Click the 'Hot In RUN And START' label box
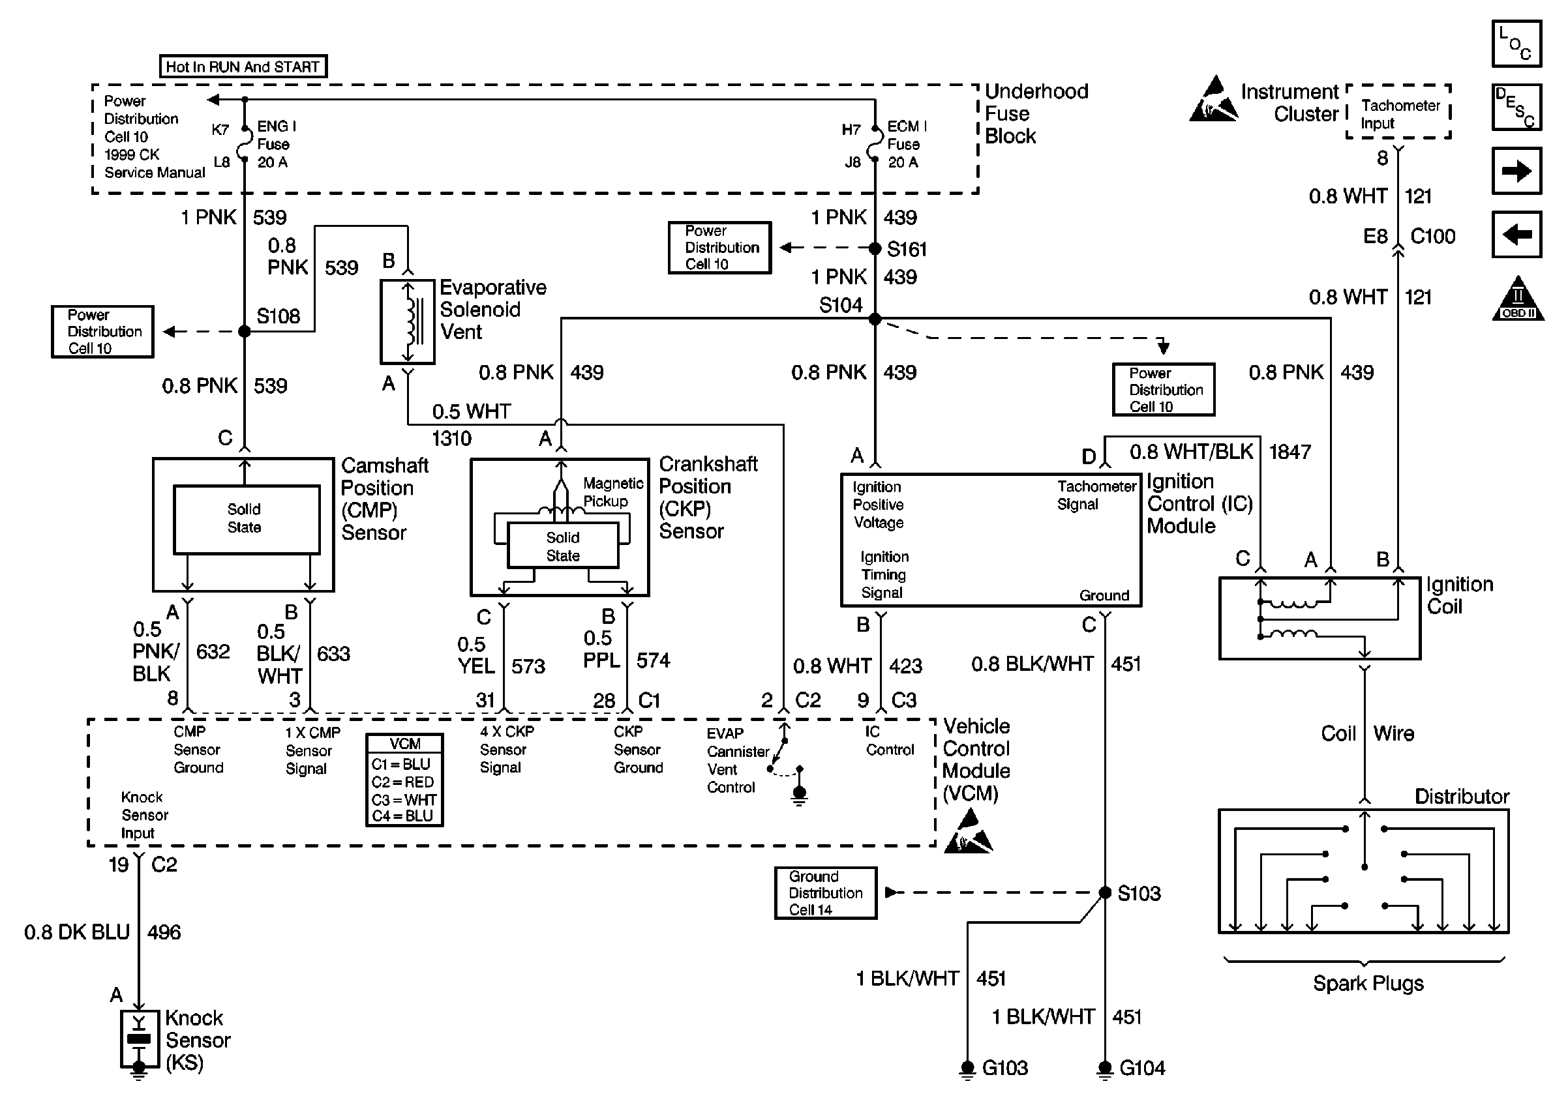tap(243, 66)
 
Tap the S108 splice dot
tap(244, 332)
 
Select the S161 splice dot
tap(875, 248)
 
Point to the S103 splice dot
tap(1104, 892)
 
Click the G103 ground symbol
tap(967, 1069)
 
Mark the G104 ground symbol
tap(1104, 1069)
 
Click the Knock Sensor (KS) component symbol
tap(139, 1039)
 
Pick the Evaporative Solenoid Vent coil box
tap(408, 321)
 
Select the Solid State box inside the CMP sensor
tap(247, 519)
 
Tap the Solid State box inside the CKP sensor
tap(563, 546)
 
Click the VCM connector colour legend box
tap(404, 779)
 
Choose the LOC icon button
tap(1516, 44)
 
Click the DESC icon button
tap(1516, 107)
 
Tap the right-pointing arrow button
tap(1516, 170)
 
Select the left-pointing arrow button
tap(1516, 234)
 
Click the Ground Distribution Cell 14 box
tap(825, 892)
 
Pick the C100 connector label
tap(1432, 237)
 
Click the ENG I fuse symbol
tap(244, 144)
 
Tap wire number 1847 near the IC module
tap(1289, 452)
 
